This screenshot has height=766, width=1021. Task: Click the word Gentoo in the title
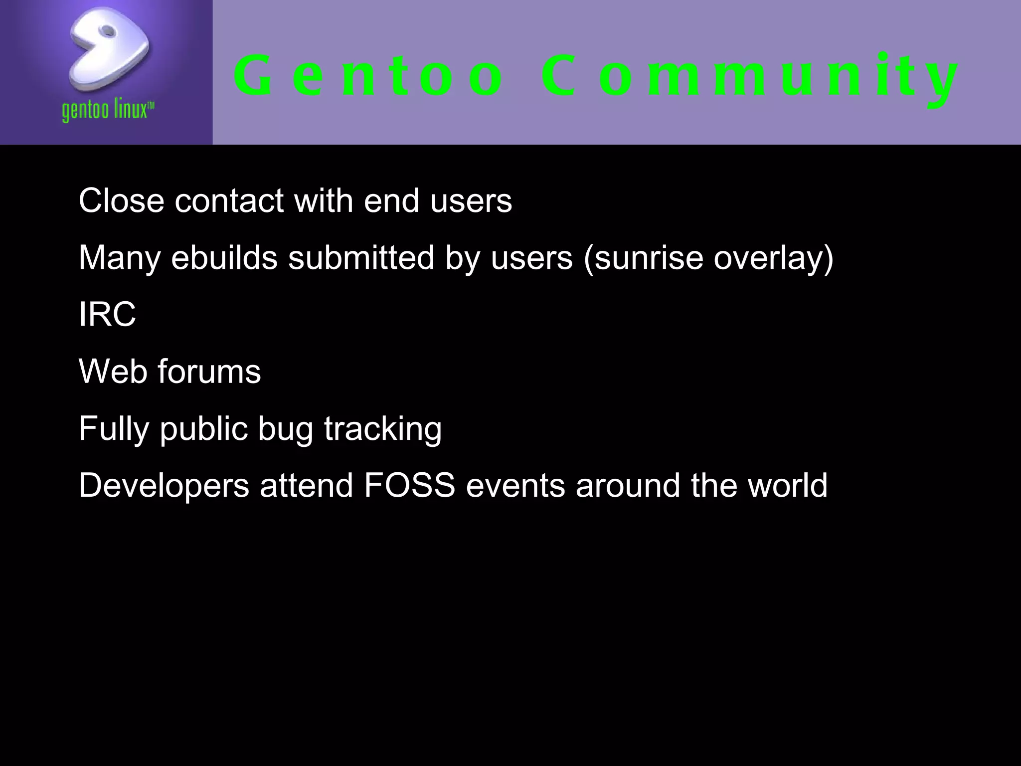point(369,76)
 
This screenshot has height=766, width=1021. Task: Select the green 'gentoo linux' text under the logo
point(108,110)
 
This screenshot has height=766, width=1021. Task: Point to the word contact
point(229,200)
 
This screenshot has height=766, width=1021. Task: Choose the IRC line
point(107,315)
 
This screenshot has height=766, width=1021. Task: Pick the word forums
point(209,372)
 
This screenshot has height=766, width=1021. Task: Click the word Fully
point(114,429)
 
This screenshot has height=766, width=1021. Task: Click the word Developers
point(164,486)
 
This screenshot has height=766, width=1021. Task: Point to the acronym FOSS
point(409,486)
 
